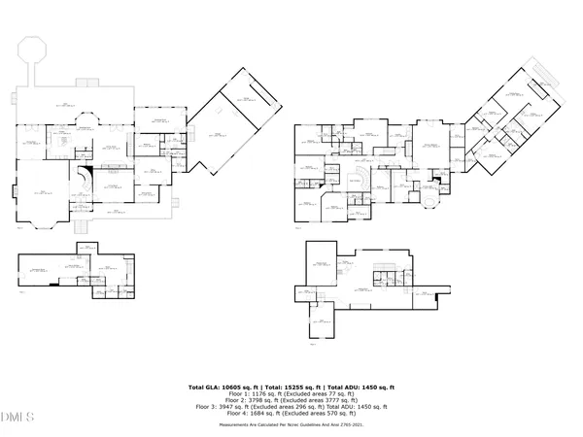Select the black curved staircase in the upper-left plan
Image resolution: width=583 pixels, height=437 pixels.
pyautogui.click(x=87, y=179)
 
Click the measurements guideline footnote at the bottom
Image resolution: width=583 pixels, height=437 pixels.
pyautogui.click(x=291, y=425)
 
